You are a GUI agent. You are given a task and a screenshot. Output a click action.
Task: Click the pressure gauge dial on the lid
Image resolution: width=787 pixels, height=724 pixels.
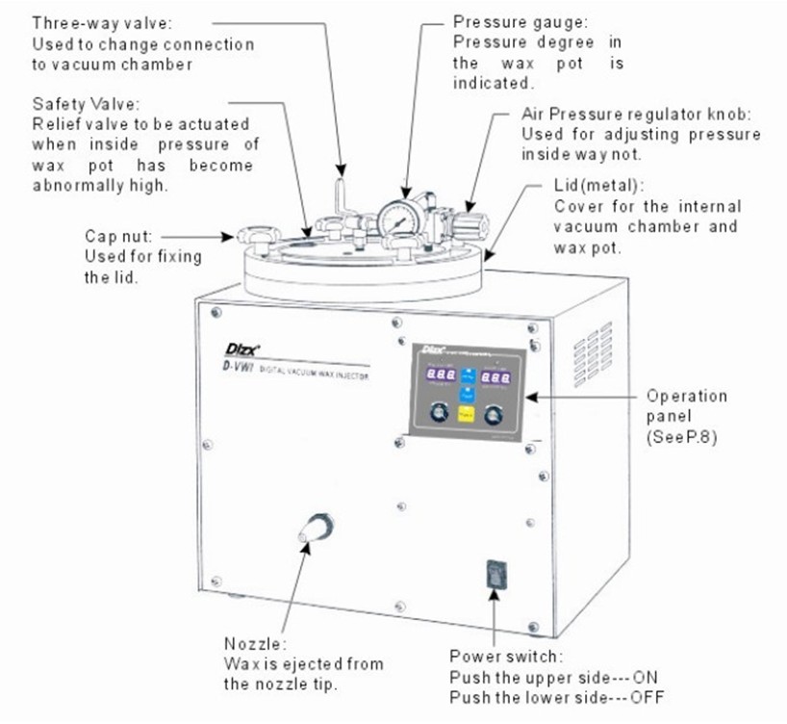click(x=396, y=220)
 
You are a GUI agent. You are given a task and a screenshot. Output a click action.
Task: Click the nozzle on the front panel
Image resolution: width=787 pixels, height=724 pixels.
click(x=316, y=528)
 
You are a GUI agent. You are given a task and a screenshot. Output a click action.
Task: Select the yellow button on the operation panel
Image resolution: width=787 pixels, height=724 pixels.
click(x=466, y=415)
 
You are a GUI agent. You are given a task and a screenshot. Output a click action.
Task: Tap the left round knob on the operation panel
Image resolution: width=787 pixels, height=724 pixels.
click(x=439, y=414)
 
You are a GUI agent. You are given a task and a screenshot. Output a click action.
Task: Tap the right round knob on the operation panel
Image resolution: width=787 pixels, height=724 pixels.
click(x=495, y=415)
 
